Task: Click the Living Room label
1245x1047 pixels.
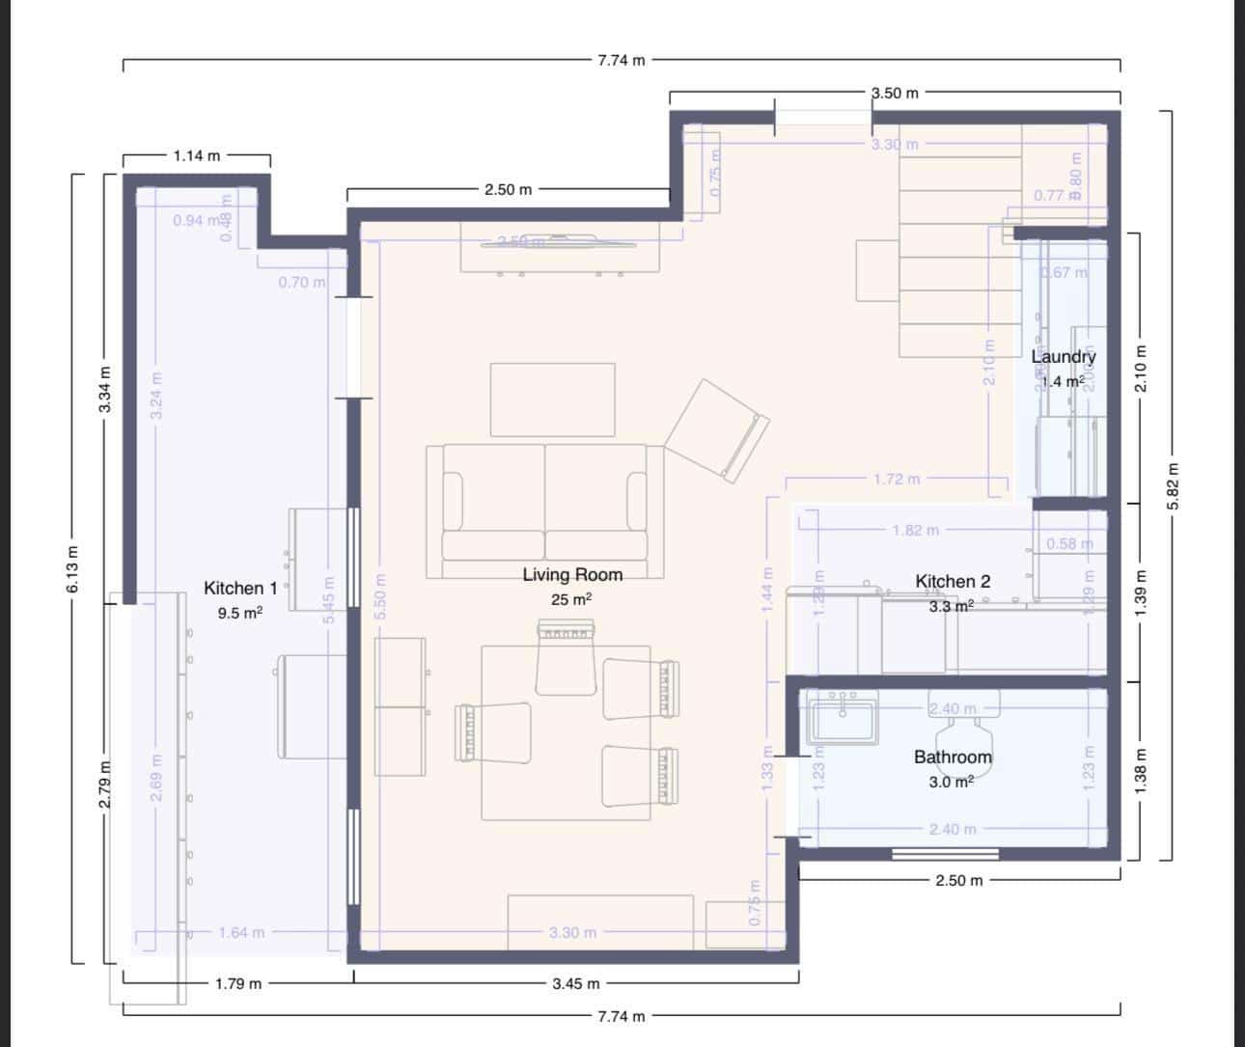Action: [x=572, y=575]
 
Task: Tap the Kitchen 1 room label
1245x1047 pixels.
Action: [x=240, y=589]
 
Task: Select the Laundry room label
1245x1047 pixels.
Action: [x=1064, y=357]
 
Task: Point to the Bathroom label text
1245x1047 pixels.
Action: [x=953, y=758]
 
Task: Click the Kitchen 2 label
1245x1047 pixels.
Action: [x=952, y=582]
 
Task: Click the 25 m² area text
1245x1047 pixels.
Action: [x=571, y=599]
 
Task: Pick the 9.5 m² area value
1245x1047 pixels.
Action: [x=240, y=613]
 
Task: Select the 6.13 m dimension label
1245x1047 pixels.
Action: [x=72, y=569]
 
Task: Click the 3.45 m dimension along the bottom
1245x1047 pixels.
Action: [x=576, y=984]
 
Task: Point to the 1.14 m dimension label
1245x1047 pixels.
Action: [x=196, y=155]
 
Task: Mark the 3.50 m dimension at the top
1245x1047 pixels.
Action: [x=895, y=94]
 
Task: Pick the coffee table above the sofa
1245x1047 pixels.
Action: [x=552, y=400]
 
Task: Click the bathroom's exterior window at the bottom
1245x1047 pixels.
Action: [x=945, y=853]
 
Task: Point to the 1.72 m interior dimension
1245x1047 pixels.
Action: [x=897, y=479]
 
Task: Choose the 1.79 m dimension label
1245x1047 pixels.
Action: [x=237, y=984]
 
